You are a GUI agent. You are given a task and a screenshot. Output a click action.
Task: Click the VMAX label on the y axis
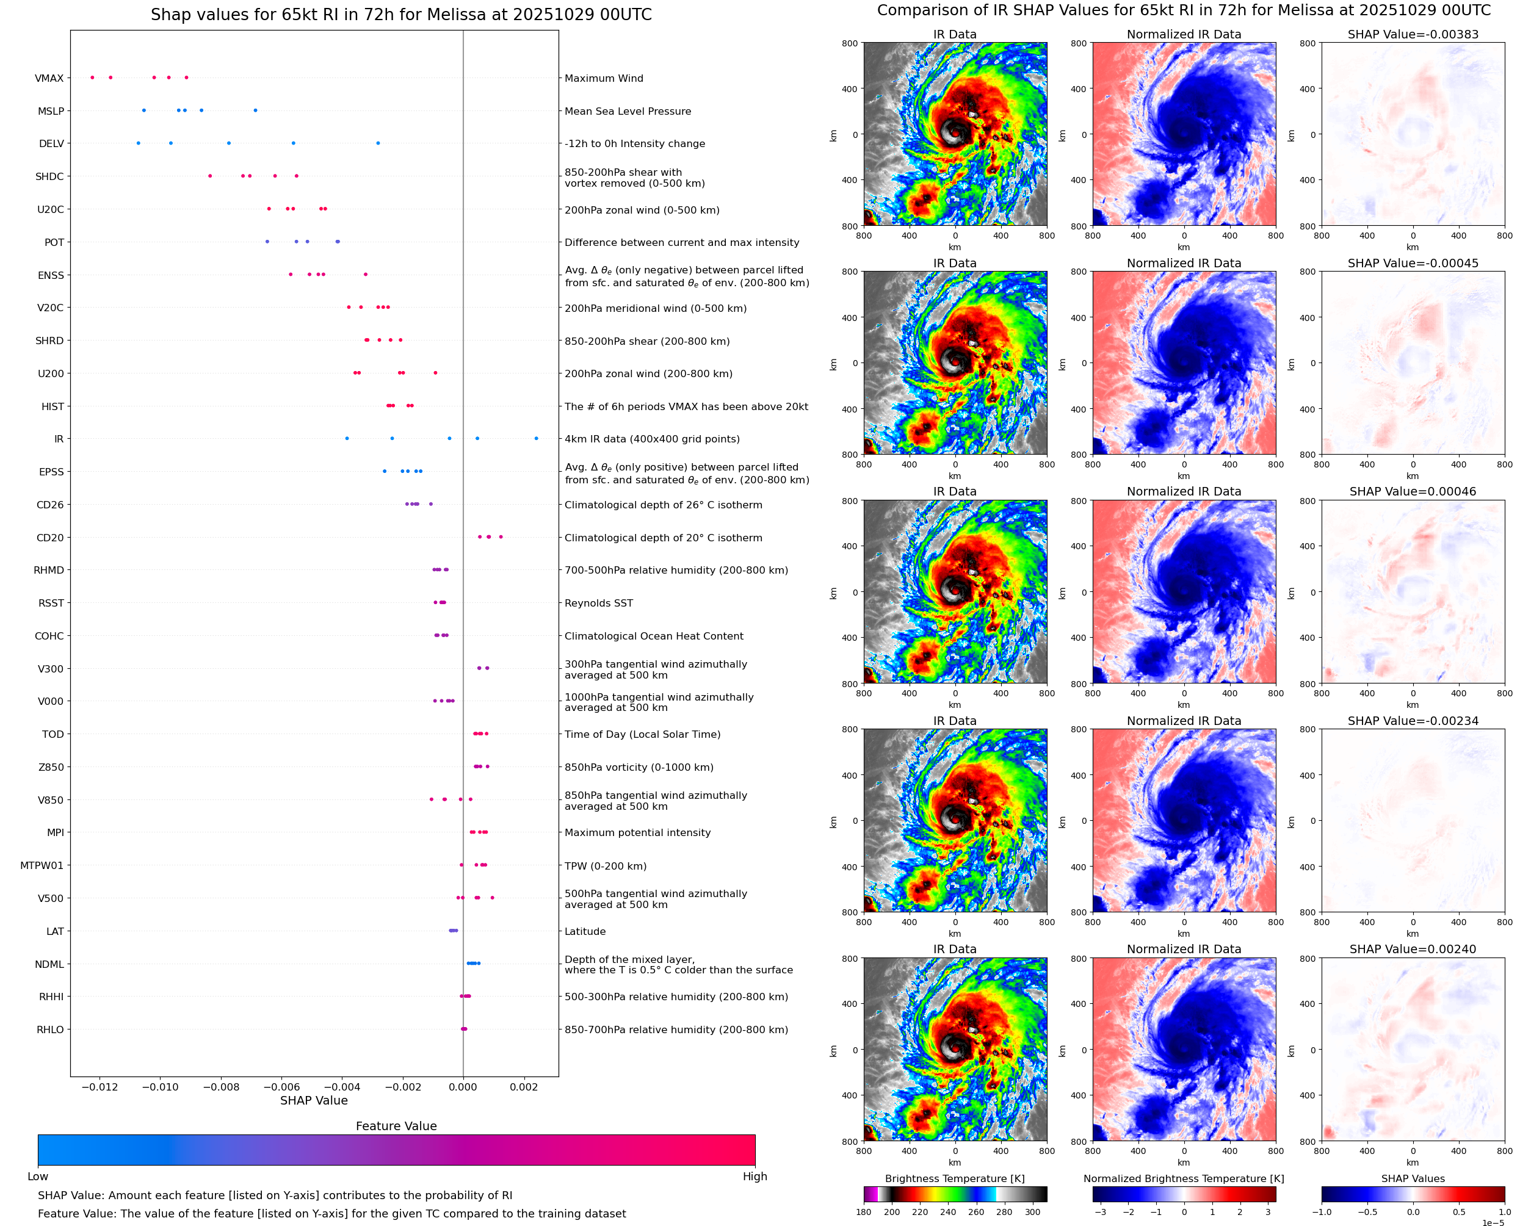click(x=49, y=78)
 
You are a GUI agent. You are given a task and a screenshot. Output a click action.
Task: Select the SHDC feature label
click(x=49, y=176)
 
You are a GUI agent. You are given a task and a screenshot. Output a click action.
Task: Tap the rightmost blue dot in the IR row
click(x=536, y=439)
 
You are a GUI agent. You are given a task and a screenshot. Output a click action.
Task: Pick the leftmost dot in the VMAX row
click(x=93, y=78)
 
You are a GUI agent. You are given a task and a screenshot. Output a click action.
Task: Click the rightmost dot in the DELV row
click(x=378, y=143)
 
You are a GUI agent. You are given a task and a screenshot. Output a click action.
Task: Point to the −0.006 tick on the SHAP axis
click(x=281, y=1087)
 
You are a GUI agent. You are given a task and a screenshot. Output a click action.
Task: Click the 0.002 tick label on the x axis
click(x=523, y=1087)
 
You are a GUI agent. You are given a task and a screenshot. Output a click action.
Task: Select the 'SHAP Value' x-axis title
click(x=314, y=1100)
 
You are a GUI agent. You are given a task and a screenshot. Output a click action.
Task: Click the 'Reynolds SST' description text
click(x=598, y=603)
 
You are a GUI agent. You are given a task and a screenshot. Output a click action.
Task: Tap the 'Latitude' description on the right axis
click(x=585, y=931)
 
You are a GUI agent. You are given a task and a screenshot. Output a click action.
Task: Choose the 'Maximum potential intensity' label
click(x=637, y=832)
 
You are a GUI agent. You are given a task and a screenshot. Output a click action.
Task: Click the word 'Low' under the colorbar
click(x=37, y=1177)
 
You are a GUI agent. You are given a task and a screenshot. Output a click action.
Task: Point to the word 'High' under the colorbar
click(x=755, y=1177)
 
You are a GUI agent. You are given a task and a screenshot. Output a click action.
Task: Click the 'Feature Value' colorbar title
click(x=396, y=1126)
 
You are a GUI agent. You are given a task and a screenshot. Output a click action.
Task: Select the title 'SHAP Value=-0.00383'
click(x=1413, y=35)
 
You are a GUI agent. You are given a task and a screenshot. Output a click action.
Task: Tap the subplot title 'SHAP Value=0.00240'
click(x=1413, y=949)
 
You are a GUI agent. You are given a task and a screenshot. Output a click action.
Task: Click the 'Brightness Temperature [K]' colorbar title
click(x=954, y=1178)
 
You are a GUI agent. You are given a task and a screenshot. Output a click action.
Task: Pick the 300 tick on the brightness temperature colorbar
click(x=1033, y=1212)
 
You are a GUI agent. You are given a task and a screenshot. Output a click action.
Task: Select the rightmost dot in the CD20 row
click(x=501, y=537)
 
